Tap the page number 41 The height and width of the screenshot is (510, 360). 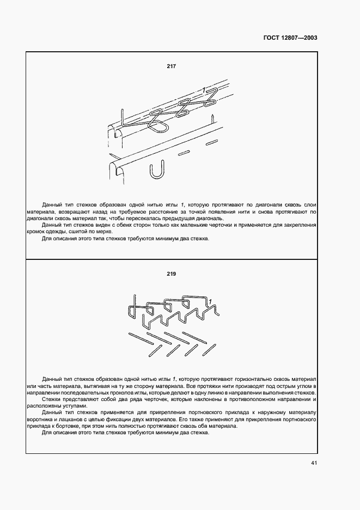(x=314, y=463)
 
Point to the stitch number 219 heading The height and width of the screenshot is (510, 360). (x=172, y=275)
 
